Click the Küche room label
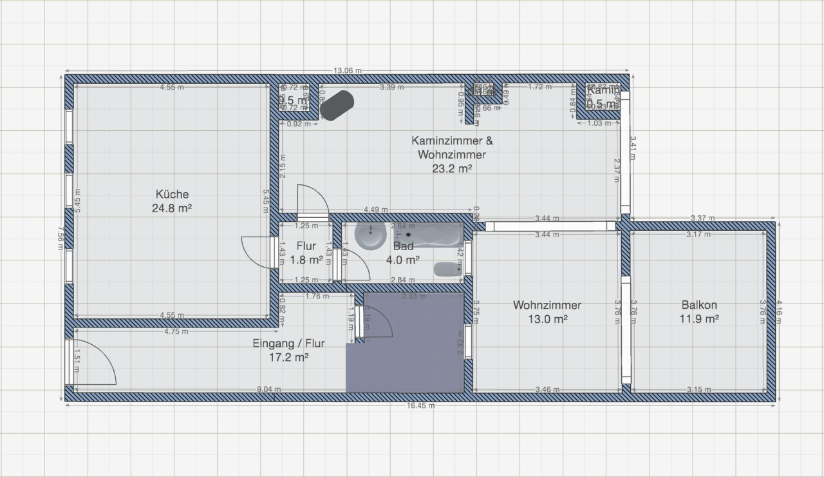tap(172, 194)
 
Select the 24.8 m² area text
tap(172, 209)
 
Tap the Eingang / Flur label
tap(288, 344)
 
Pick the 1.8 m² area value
tap(306, 260)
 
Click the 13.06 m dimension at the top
tap(346, 71)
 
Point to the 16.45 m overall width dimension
tap(420, 405)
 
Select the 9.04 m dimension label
tap(268, 389)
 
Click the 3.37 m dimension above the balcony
tap(702, 219)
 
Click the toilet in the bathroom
tap(447, 269)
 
